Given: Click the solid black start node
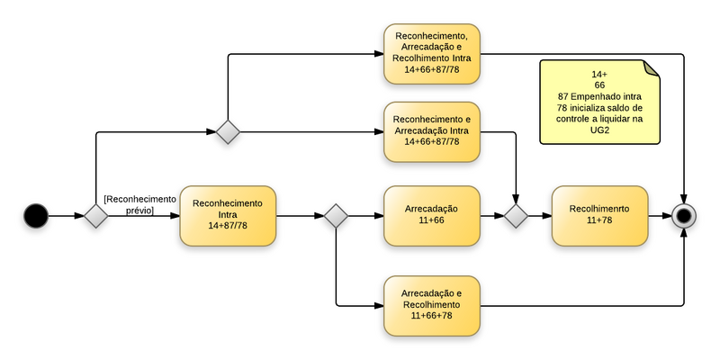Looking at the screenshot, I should click(35, 216).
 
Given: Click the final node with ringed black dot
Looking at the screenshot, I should click(684, 216).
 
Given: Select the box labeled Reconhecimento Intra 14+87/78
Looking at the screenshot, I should click(228, 216).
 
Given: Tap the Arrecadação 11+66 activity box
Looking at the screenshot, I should click(432, 216).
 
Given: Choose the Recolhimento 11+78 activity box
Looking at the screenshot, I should click(599, 216).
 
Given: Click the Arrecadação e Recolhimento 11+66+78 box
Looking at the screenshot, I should click(432, 305).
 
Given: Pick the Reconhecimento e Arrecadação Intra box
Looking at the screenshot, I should click(432, 131).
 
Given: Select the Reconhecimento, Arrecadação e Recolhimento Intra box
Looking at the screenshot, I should click(432, 54).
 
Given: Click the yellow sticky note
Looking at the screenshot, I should click(599, 102).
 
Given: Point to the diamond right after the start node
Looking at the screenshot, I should click(96, 216).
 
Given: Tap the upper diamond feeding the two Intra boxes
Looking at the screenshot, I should click(229, 131).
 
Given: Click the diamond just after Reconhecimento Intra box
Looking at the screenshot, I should click(336, 216).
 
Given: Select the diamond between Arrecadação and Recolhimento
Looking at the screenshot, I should click(516, 216).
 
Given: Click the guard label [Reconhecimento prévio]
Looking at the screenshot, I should click(139, 204).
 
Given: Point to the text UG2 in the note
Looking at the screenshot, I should click(599, 130).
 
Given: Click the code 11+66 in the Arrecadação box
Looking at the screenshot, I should click(432, 220).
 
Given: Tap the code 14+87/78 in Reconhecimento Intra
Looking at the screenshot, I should click(228, 226).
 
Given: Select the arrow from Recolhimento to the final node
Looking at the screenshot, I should click(661, 216).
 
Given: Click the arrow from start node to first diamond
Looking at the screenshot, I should click(66, 216).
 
